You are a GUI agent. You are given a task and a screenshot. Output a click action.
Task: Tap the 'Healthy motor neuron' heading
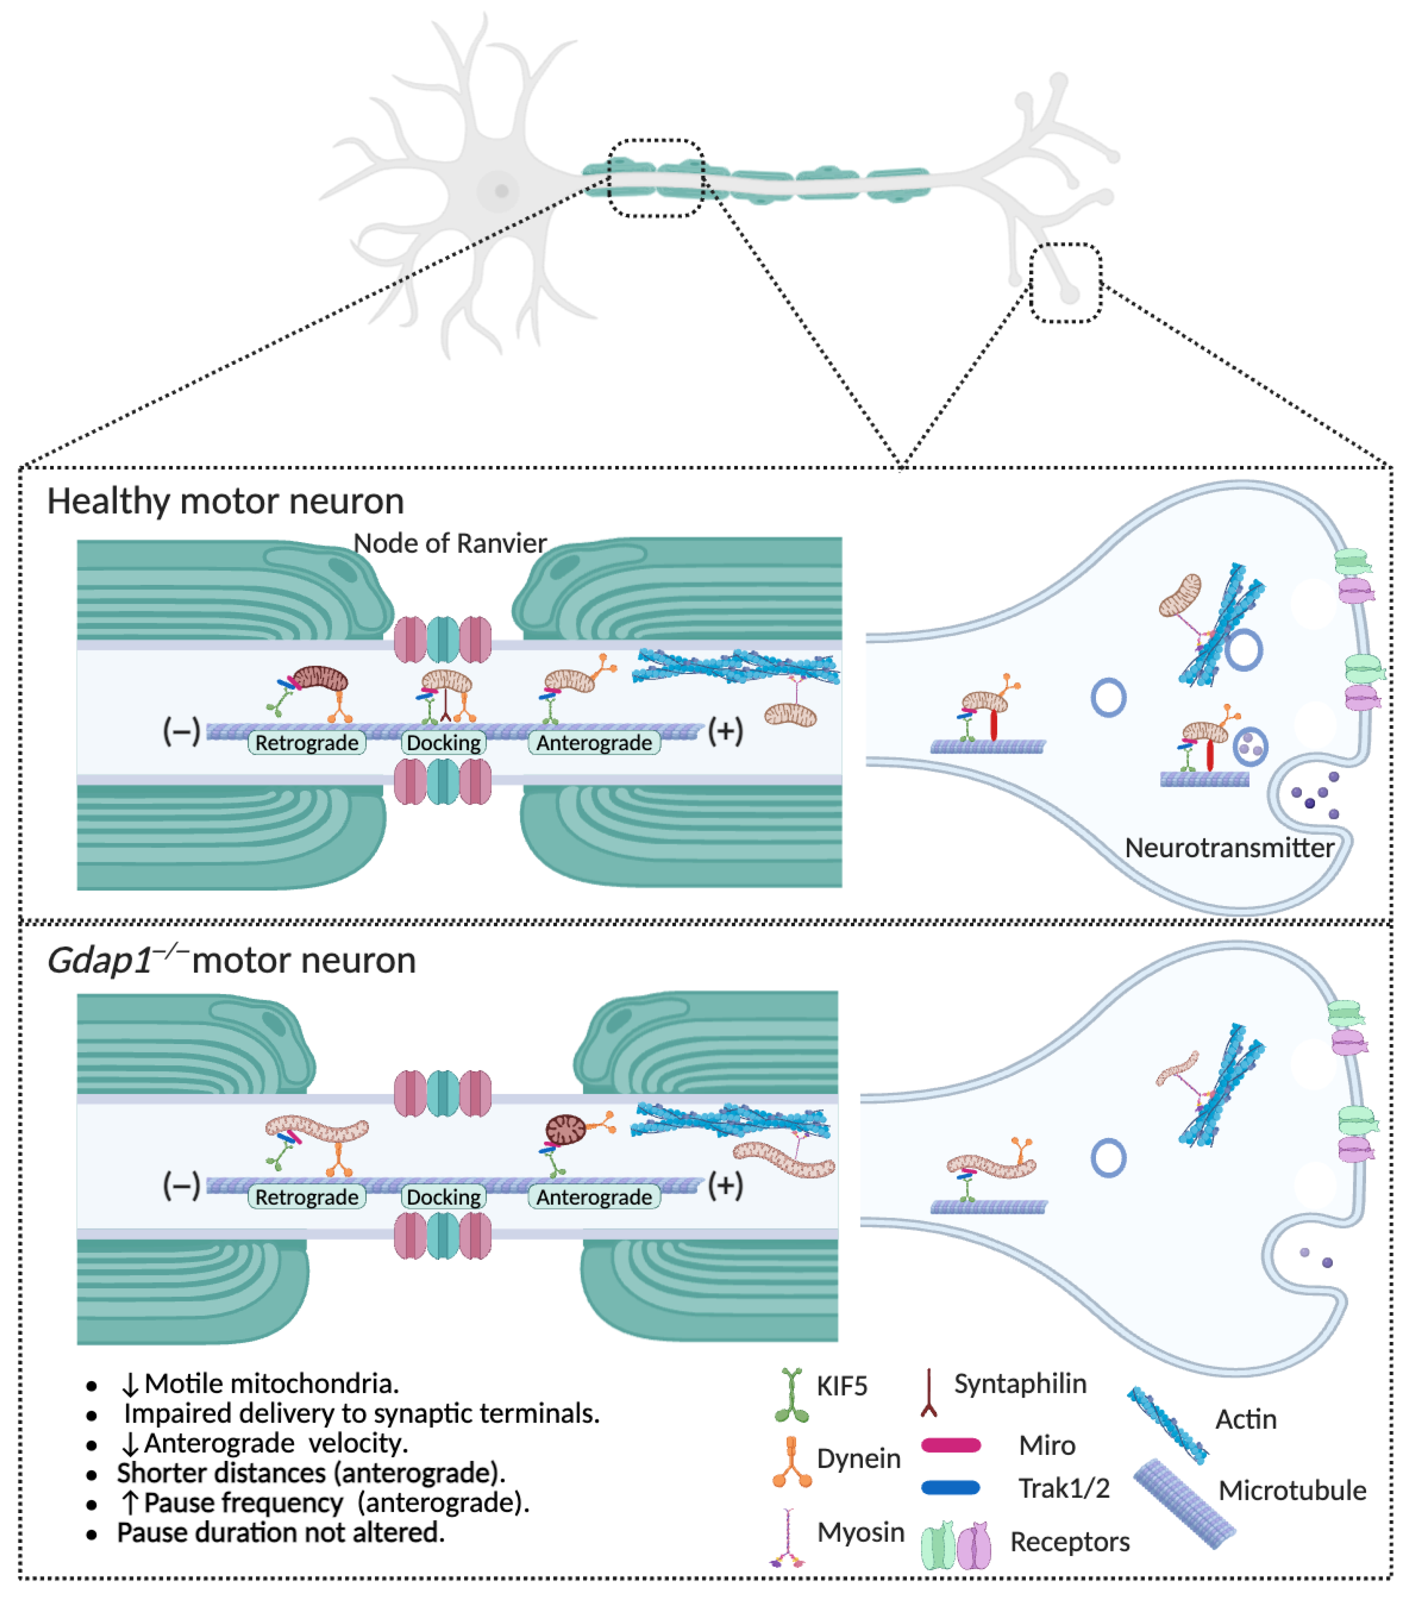(225, 501)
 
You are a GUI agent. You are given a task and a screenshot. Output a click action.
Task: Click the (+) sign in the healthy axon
(725, 731)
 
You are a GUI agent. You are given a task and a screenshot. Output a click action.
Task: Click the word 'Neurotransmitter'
(1229, 848)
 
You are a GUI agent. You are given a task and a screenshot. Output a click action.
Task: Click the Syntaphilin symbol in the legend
(928, 1392)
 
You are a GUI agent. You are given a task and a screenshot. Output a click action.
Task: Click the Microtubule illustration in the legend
(1184, 1504)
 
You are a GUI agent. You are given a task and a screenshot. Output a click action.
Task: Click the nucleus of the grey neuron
(501, 190)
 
